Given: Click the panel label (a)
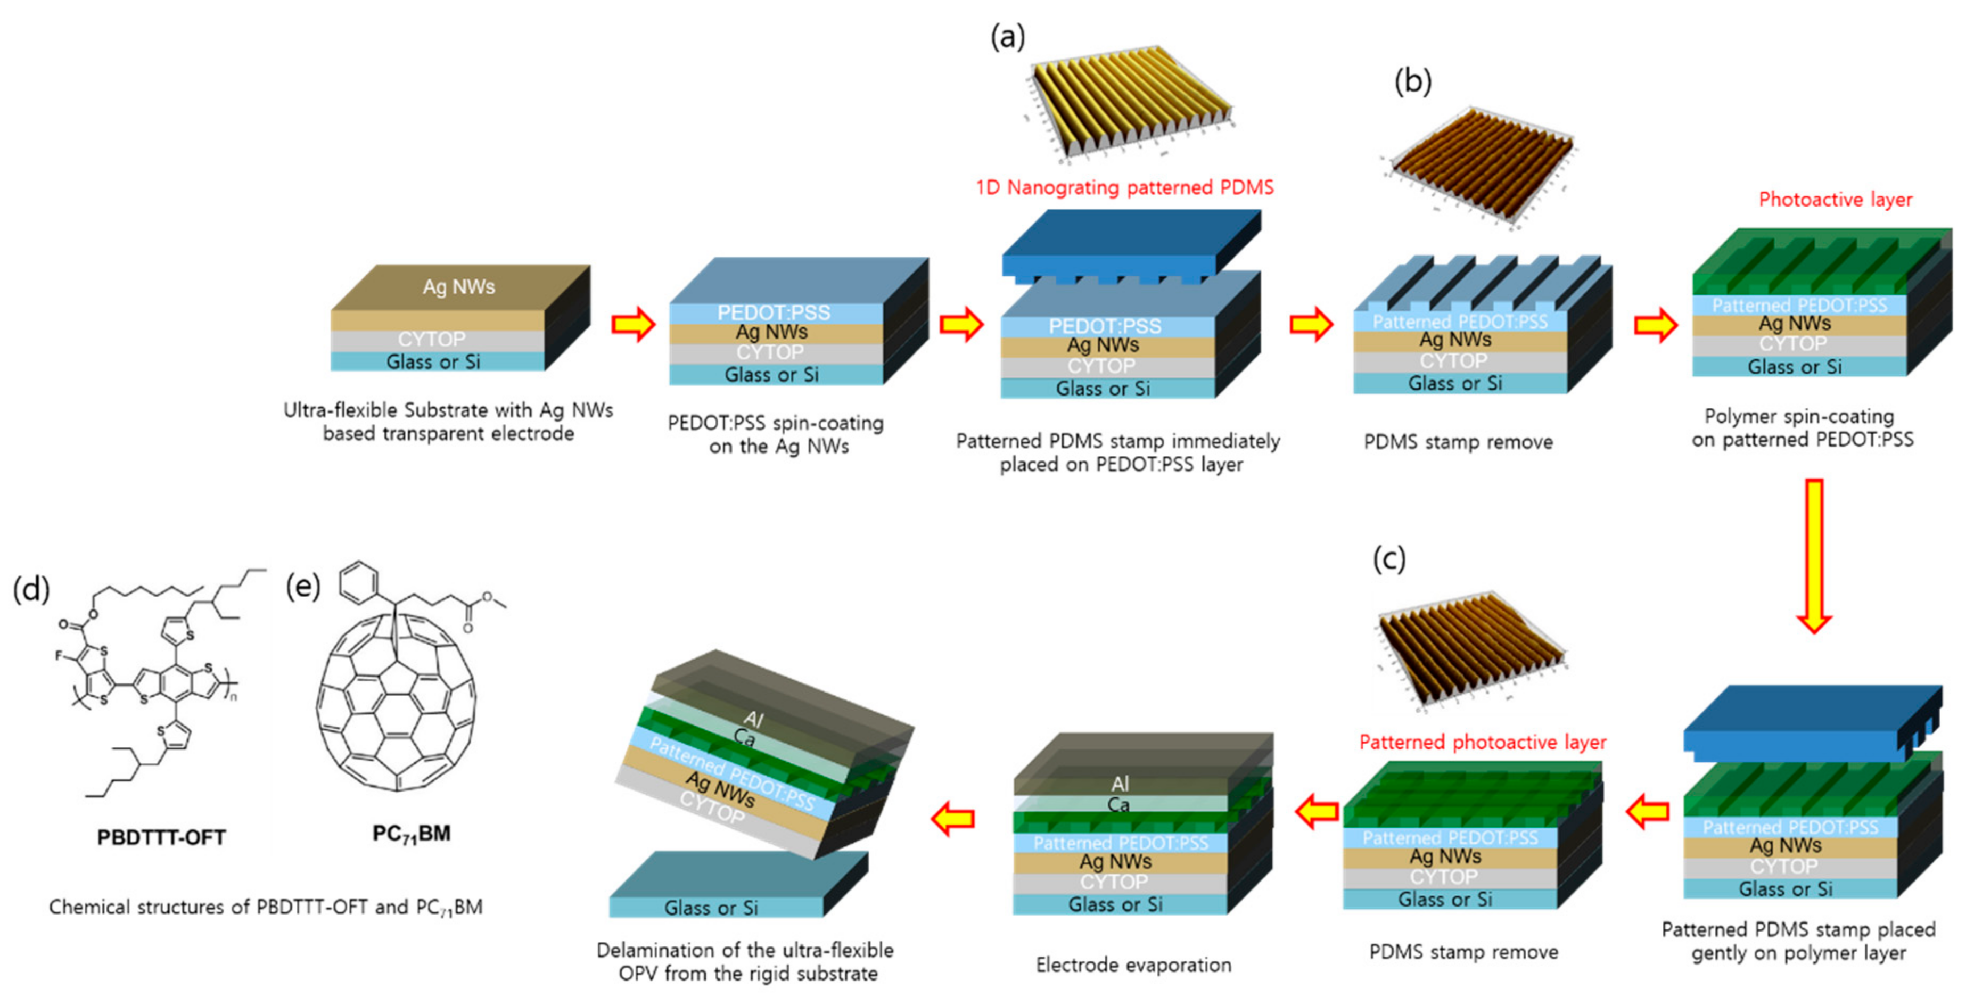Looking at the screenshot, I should pyautogui.click(x=1007, y=36).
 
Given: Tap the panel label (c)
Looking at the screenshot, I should pyautogui.click(x=1388, y=558).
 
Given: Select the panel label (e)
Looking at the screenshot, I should pyautogui.click(x=303, y=586).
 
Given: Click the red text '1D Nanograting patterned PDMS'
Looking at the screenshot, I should pyautogui.click(x=1124, y=188).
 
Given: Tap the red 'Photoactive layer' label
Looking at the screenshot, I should pyautogui.click(x=1835, y=200).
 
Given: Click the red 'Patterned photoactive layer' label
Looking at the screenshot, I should pyautogui.click(x=1482, y=742).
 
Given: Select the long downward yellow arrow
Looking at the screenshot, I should pyautogui.click(x=1814, y=555).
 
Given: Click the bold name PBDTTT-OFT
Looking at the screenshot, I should pyautogui.click(x=161, y=837).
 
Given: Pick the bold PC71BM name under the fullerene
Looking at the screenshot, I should pyautogui.click(x=412, y=834).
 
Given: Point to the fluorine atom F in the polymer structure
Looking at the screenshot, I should pyautogui.click(x=58, y=656).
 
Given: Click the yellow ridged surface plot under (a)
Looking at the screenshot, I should pyautogui.click(x=1126, y=103).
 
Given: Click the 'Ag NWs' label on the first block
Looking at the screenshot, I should pyautogui.click(x=458, y=286).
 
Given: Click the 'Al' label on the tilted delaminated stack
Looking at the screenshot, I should pyautogui.click(x=753, y=719).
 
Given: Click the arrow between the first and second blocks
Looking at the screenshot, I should pyautogui.click(x=633, y=324).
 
